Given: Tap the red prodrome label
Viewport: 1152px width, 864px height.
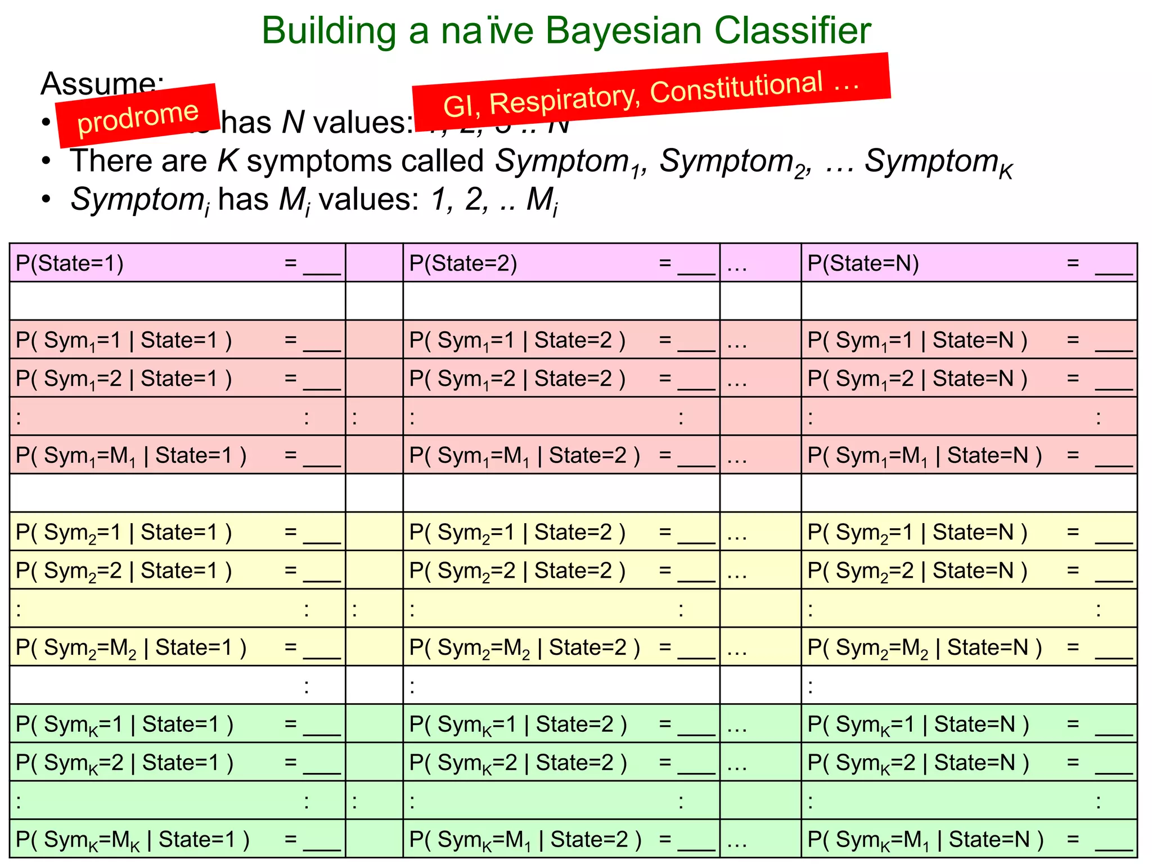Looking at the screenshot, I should (x=138, y=116).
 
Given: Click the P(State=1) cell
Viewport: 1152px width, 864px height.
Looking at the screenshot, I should (x=177, y=263).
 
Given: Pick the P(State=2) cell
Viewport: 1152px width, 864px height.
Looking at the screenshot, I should (x=561, y=263).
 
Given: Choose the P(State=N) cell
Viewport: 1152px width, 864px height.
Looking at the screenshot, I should (x=969, y=263).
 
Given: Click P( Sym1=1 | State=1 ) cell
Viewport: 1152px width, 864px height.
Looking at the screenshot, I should (x=177, y=340).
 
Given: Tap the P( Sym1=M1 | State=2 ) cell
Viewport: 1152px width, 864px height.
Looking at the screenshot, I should (x=561, y=455).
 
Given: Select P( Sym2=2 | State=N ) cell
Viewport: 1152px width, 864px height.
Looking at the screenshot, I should (x=969, y=570).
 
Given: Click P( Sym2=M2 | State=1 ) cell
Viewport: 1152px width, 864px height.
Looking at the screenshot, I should (x=177, y=647).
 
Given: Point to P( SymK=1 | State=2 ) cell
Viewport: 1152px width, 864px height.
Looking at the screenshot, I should (x=561, y=724).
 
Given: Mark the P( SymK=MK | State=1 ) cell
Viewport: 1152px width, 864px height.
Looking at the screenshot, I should (x=177, y=839).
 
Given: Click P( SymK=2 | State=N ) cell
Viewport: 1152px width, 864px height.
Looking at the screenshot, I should (x=969, y=763).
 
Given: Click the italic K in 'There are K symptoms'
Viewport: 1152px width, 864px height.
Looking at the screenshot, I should (x=228, y=161).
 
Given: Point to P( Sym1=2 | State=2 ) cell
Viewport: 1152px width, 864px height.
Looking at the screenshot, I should (x=561, y=379).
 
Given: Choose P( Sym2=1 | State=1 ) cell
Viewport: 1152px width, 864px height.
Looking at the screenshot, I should (x=177, y=532).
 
